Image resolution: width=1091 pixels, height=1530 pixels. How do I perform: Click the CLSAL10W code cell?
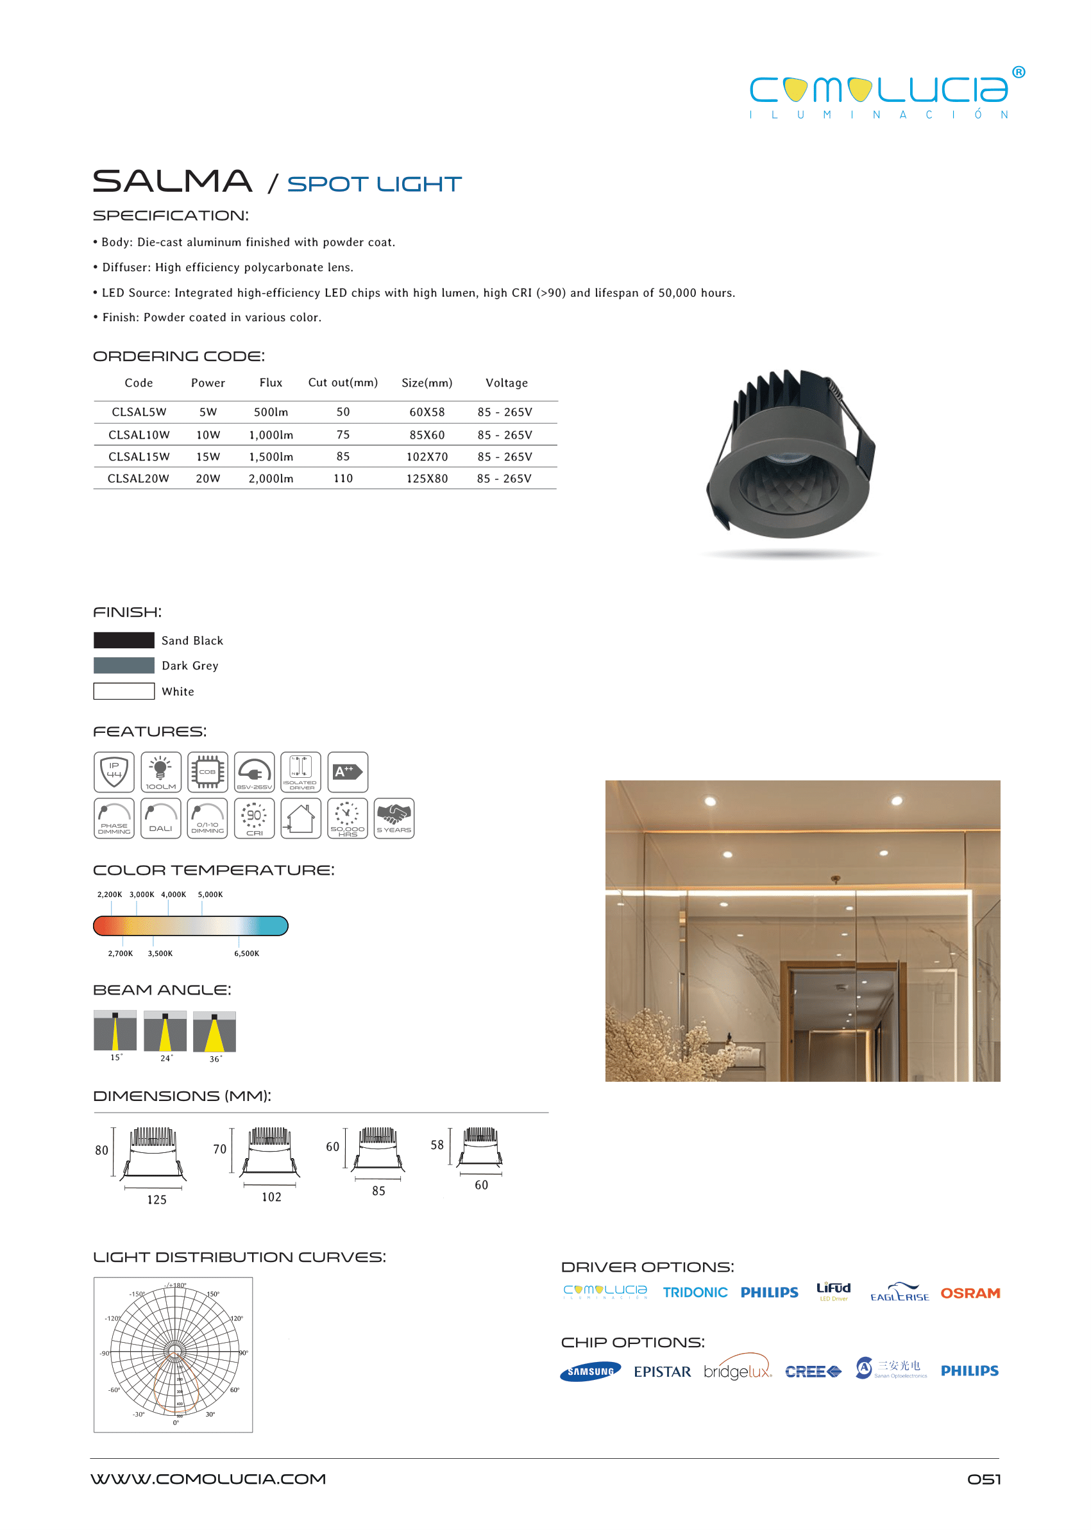coord(139,435)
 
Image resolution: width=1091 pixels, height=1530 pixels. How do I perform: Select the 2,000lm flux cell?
coord(271,478)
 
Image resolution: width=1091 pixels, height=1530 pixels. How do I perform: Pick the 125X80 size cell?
coord(427,478)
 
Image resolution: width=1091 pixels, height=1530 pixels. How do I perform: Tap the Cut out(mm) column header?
coord(343,382)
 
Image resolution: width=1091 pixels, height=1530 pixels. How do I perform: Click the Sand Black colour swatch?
coord(124,640)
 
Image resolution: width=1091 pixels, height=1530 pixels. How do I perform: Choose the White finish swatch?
coord(124,691)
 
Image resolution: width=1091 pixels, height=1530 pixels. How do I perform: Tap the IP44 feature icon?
coord(114,771)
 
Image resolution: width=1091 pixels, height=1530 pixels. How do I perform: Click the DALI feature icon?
coord(160,818)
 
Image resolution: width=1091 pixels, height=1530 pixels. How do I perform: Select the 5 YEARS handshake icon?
coord(394,818)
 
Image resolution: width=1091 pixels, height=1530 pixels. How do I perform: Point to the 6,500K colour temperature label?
coord(246,953)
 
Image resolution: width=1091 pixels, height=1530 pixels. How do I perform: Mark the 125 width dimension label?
coord(156,1200)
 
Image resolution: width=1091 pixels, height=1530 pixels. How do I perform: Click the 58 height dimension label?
coord(437,1145)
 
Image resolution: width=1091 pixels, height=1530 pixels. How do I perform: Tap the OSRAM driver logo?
coord(970,1293)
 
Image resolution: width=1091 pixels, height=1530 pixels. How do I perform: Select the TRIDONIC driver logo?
coord(695,1292)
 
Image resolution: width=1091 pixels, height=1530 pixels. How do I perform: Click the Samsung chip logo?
coord(590,1372)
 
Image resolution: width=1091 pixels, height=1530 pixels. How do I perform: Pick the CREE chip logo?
coord(813,1372)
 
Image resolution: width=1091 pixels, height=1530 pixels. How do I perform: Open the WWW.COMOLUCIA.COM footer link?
coord(208,1479)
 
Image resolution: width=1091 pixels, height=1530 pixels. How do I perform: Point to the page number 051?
coord(983,1479)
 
